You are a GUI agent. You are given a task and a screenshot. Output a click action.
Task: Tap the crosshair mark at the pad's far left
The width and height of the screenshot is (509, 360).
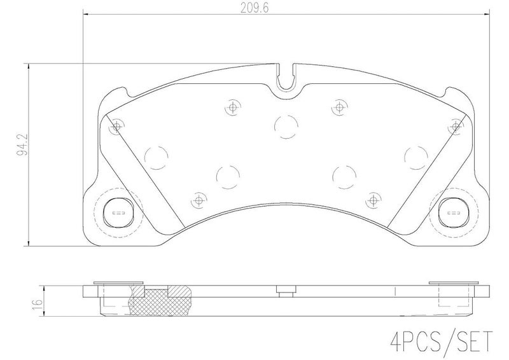tap(115, 128)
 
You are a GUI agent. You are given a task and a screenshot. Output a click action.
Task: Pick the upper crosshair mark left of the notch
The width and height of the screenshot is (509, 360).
tap(232, 108)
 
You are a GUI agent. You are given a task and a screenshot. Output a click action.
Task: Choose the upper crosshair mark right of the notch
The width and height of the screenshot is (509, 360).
tap(337, 108)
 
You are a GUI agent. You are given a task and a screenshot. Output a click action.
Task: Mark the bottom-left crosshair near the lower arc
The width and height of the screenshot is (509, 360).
tap(199, 200)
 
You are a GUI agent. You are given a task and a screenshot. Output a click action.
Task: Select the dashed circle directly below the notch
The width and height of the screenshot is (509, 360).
tap(285, 126)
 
